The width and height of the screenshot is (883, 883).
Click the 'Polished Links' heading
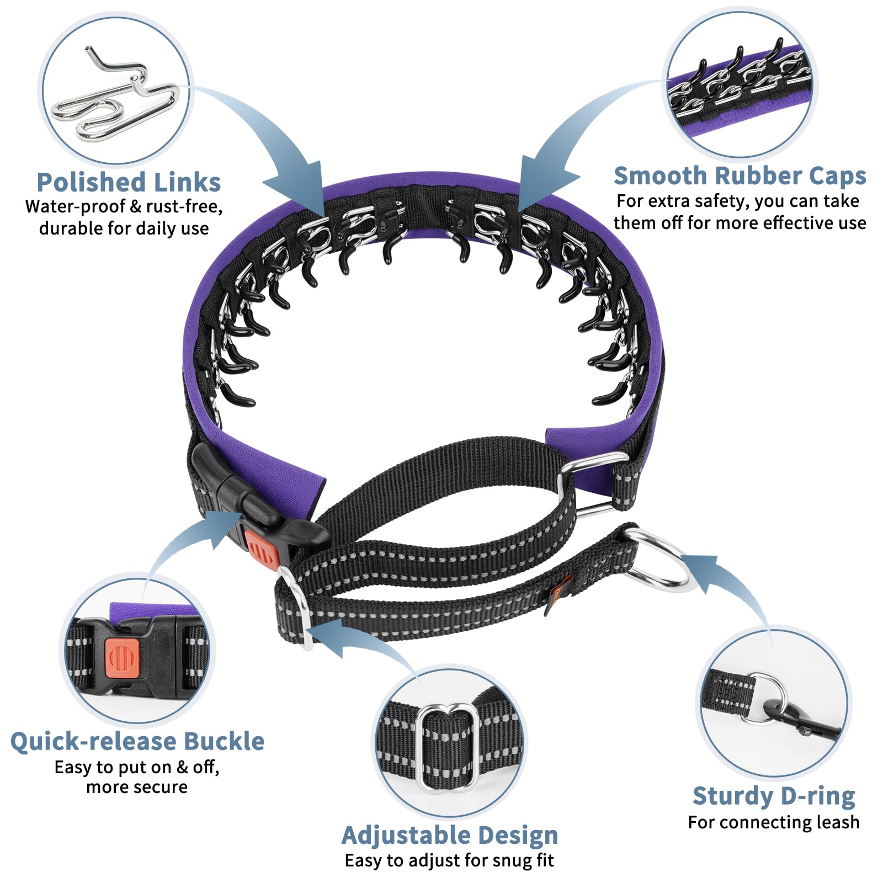(129, 182)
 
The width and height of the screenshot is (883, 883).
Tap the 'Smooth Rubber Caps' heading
(740, 176)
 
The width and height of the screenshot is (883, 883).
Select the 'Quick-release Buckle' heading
(137, 741)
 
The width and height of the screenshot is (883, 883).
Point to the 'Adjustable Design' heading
(450, 835)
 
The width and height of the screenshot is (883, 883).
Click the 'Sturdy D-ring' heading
(774, 796)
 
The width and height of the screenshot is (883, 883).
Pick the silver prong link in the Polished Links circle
(116, 102)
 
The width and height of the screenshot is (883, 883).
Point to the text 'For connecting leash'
(774, 822)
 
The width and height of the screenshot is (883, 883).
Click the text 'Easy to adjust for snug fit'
(449, 860)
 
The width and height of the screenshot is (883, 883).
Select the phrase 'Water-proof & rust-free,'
(124, 206)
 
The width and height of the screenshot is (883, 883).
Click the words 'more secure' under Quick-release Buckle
(137, 787)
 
